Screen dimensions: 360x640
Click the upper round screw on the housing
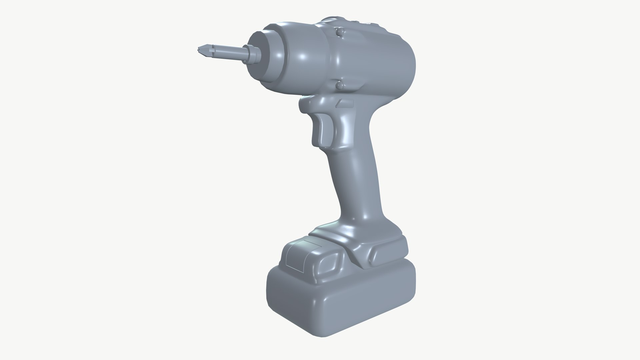339,32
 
